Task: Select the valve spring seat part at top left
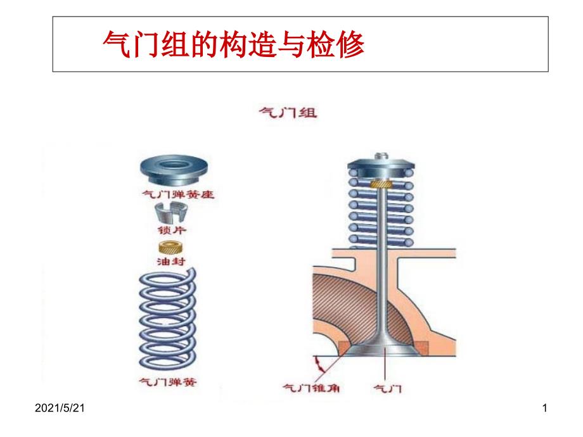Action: coord(177,170)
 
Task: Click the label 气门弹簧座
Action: coord(177,195)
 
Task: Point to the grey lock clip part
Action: coord(177,213)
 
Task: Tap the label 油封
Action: coord(177,260)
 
